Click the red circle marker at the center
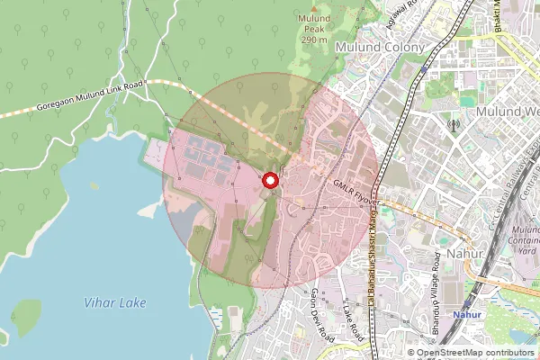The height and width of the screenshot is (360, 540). (269, 182)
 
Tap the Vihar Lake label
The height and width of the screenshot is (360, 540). (114, 303)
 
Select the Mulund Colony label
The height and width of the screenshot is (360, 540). (374, 46)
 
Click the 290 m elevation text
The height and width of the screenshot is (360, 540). (315, 40)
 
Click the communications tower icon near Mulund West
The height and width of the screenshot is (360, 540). (453, 125)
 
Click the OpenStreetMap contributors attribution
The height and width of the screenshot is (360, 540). (472, 353)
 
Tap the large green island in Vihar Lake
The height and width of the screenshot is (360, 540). (27, 317)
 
